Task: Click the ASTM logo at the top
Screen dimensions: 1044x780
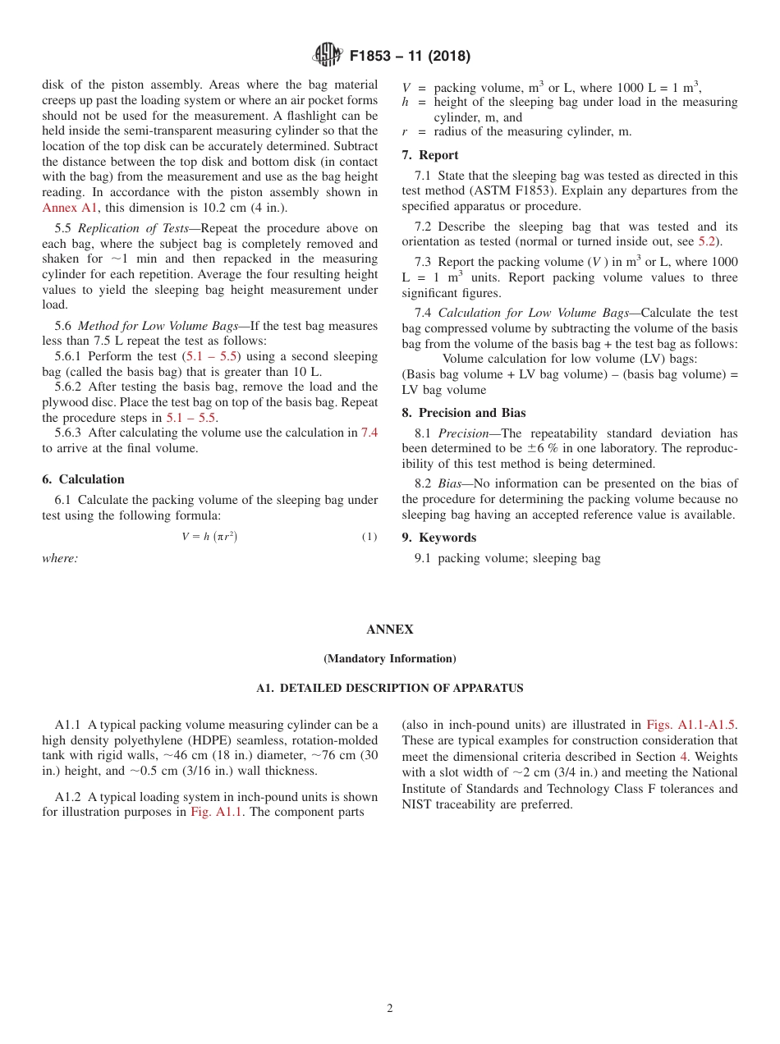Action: coord(327,55)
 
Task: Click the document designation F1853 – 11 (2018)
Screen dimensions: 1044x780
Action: coord(410,57)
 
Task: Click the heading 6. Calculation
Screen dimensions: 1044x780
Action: coord(83,479)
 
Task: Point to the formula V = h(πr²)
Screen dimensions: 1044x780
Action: coord(209,537)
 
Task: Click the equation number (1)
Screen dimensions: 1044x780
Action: coord(369,537)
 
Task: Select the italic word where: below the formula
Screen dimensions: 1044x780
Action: coord(60,558)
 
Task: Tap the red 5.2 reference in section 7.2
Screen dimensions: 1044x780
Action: coord(706,241)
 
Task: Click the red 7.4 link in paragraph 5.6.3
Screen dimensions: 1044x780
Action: coord(369,433)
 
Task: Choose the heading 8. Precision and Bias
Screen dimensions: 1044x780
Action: coord(464,413)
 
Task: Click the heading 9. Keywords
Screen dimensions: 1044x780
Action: coord(439,538)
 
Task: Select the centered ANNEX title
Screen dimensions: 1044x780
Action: coord(389,630)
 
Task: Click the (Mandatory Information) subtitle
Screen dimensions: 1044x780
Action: coord(389,658)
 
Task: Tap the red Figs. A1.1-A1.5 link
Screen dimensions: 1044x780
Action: coord(691,725)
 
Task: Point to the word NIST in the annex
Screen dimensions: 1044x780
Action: coord(418,804)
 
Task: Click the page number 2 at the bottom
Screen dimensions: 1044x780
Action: coord(390,1009)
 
